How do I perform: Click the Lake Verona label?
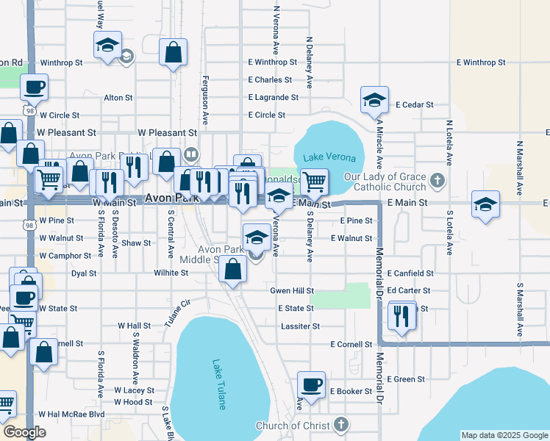pos(329,158)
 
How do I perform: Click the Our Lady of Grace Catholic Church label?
pos(385,182)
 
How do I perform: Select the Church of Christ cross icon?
pos(340,424)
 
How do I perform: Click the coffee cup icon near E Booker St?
pos(311,384)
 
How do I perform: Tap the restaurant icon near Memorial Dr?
pos(401,315)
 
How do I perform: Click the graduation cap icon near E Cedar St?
pos(374,99)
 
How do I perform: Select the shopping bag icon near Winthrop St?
pos(173,51)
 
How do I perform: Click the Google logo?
pos(25,432)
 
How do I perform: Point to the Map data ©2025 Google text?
pos(504,435)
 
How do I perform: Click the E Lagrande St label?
pos(273,97)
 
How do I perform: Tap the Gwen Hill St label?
pos(292,291)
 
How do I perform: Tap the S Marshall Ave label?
pos(519,309)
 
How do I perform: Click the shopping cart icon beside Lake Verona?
pos(314,180)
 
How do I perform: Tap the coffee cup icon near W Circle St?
pos(34,87)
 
